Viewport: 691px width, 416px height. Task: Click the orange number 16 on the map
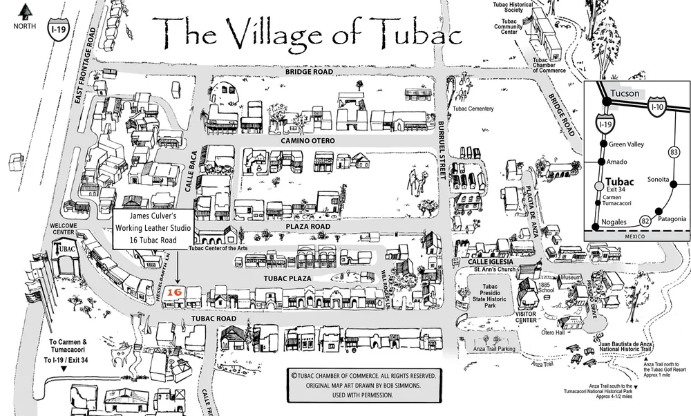pyautogui.click(x=175, y=292)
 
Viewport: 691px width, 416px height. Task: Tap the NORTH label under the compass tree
pyautogui.click(x=26, y=26)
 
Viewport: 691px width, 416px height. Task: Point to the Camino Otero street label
pyautogui.click(x=307, y=140)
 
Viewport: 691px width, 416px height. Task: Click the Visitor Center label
pyautogui.click(x=528, y=317)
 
